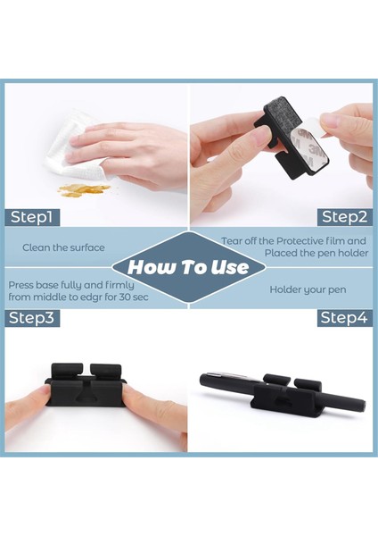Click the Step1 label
(x=32, y=217)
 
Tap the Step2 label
(x=345, y=217)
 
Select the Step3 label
(x=32, y=318)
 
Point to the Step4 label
(x=344, y=318)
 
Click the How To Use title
(x=188, y=267)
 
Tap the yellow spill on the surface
(x=84, y=190)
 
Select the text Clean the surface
(x=63, y=247)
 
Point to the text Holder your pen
(x=308, y=289)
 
